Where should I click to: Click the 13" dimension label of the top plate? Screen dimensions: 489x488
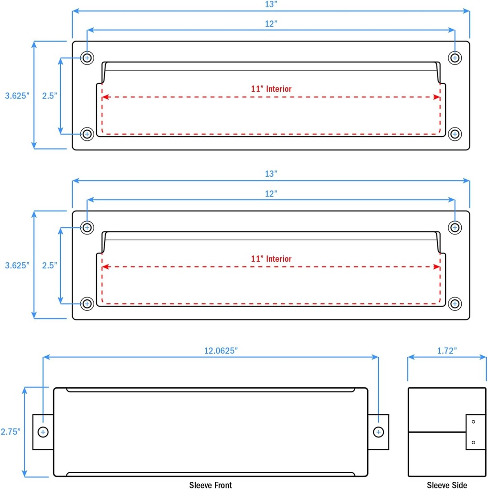point(271,4)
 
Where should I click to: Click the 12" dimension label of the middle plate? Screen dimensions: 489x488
point(271,193)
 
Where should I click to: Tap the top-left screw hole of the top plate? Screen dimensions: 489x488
point(87,58)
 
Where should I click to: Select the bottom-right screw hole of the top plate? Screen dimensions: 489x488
point(455,134)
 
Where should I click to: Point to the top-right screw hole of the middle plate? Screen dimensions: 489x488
point(455,228)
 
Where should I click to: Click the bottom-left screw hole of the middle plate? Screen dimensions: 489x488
point(87,303)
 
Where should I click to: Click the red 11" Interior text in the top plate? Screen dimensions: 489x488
point(271,89)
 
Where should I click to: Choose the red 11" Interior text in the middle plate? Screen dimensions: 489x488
point(271,259)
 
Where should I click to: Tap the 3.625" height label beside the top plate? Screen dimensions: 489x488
point(17,96)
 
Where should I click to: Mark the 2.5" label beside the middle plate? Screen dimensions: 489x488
point(50,266)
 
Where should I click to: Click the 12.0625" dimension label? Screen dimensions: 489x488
point(221,351)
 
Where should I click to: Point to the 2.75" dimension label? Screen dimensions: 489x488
point(11,432)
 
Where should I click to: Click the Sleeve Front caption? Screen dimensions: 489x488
point(211,485)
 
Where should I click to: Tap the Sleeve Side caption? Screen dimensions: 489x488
point(447,485)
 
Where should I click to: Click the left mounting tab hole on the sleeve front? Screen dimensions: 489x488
point(43,432)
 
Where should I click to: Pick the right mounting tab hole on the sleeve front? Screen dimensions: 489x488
point(378,432)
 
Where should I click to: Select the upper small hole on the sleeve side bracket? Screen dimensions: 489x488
point(473,422)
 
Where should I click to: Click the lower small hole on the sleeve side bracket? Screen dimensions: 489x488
point(473,442)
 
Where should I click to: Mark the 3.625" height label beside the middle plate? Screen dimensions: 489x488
point(17,266)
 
